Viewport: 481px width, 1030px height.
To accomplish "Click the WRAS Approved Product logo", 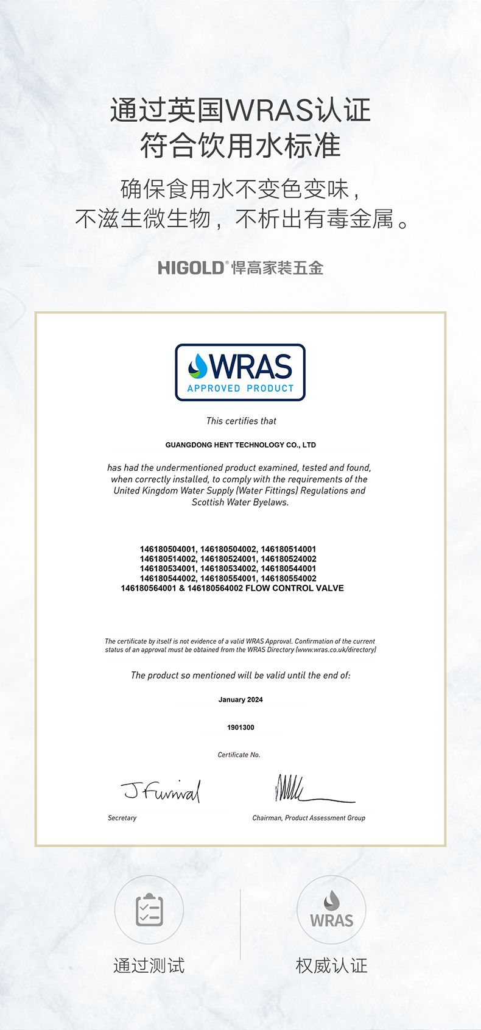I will (240, 372).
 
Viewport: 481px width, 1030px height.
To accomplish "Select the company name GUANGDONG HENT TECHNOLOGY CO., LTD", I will (240, 445).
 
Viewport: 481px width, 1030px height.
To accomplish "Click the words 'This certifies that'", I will (241, 421).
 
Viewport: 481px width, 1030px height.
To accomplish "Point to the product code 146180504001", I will (168, 549).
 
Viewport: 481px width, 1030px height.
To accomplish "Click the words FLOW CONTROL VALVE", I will (294, 588).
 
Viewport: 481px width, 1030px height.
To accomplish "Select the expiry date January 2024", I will (240, 700).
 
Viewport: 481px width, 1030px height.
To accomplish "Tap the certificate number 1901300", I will (240, 727).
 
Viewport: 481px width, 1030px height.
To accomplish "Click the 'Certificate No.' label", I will (239, 755).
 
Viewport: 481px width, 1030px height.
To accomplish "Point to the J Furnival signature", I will (162, 791).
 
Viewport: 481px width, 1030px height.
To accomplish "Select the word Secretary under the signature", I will (122, 818).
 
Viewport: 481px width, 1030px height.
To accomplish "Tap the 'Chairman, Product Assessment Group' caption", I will (309, 818).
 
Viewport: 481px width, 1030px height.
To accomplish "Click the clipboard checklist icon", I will (149, 910).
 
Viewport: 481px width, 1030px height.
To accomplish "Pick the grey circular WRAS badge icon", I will (331, 910).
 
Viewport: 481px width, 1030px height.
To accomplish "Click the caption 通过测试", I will (149, 965).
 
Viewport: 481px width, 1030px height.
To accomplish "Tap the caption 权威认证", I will (331, 965).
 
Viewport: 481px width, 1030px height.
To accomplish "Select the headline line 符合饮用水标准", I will (240, 146).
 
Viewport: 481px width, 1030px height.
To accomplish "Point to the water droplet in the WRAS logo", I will (198, 365).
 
